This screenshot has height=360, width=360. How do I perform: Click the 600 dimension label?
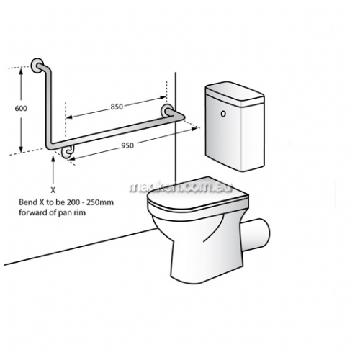[x=21, y=108]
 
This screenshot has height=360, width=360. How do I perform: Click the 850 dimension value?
[x=117, y=107]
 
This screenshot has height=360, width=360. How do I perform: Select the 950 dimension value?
[x=127, y=145]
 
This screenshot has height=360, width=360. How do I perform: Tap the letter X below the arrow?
[x=53, y=190]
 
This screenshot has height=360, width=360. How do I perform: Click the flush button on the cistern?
[x=223, y=114]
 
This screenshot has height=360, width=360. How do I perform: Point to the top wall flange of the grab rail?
[x=37, y=66]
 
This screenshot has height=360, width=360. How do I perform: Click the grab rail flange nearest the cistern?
[x=167, y=111]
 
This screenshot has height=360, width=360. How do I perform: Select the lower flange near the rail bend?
[x=68, y=151]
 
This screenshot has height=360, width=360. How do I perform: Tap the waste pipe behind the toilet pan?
[x=256, y=233]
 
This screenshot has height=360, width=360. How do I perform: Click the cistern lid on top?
[x=235, y=92]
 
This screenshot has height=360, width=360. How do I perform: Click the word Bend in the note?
[x=25, y=202]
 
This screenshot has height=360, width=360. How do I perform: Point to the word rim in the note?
[x=80, y=212]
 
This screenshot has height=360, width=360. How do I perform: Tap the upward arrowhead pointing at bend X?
[x=53, y=159]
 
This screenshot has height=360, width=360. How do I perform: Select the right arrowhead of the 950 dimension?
[x=194, y=129]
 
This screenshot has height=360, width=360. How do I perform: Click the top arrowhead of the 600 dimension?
[x=22, y=71]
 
